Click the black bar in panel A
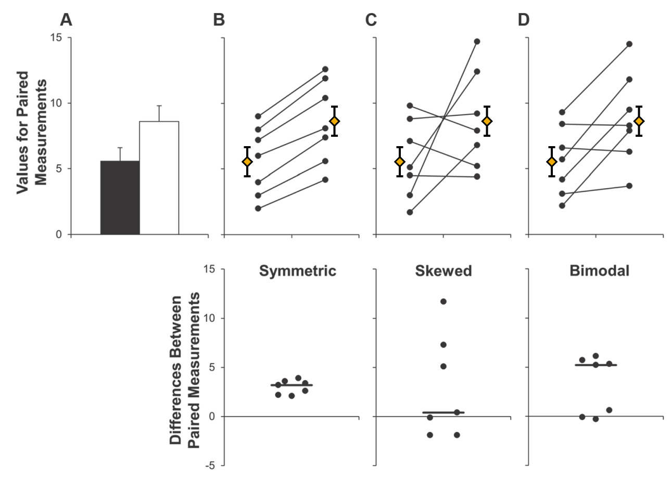120,198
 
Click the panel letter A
66,20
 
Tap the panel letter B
219,20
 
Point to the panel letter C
371,20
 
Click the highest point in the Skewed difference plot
444,301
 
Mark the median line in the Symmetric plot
292,385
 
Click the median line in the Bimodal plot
596,365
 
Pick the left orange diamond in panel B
247,162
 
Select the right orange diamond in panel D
639,121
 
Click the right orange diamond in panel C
487,121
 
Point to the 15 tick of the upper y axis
55,37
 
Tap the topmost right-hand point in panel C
477,41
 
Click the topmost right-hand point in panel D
629,44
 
